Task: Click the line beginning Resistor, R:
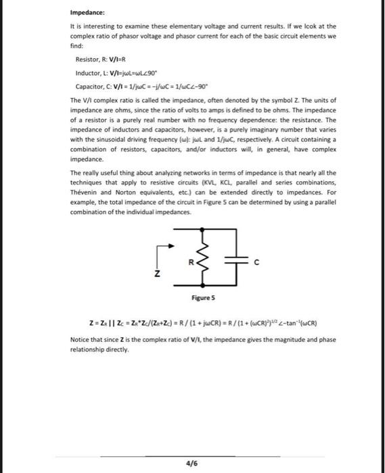pos(101,59)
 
